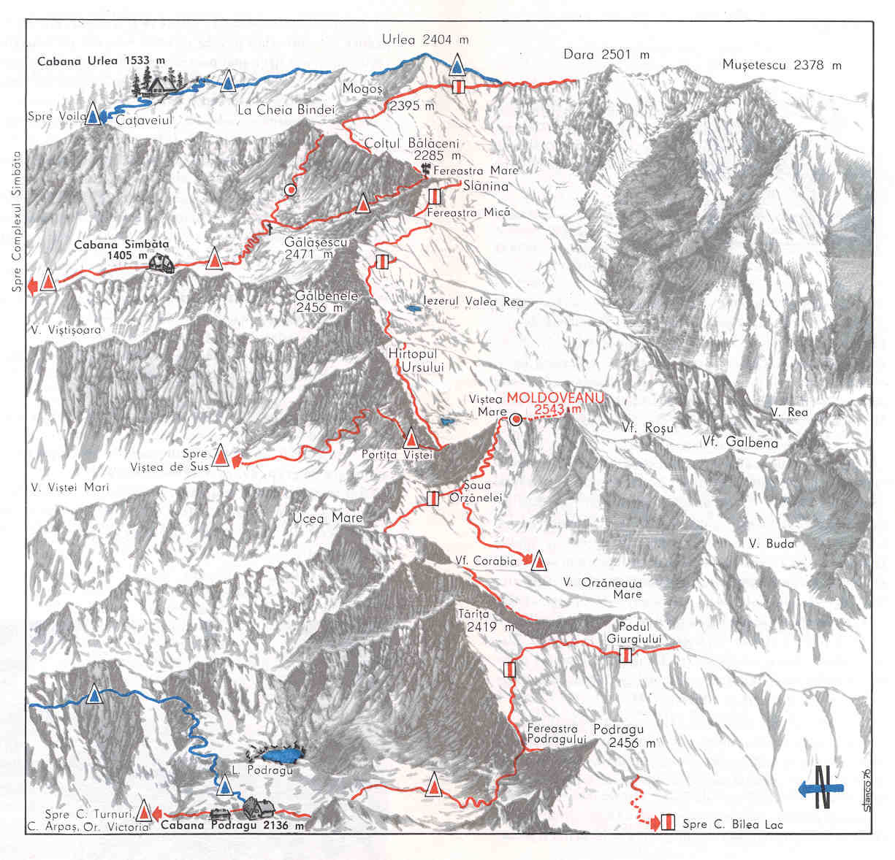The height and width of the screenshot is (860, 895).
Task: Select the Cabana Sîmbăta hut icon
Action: coord(161,264)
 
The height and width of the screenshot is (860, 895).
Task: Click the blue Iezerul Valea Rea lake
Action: coord(414,310)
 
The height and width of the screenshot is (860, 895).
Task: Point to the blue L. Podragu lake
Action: coord(281,754)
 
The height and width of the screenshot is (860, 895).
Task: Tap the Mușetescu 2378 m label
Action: coord(782,65)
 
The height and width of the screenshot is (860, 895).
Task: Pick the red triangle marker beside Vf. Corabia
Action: coord(539,561)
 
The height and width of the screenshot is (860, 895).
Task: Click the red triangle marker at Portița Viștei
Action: coord(411,438)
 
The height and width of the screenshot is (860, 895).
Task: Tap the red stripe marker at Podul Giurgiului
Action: coord(625,656)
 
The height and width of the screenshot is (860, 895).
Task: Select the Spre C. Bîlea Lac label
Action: coord(732,824)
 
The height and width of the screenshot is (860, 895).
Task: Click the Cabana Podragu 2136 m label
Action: coord(232,826)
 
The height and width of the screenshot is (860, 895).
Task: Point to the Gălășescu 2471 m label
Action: coord(317,247)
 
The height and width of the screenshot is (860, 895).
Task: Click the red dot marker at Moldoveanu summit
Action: coord(516,419)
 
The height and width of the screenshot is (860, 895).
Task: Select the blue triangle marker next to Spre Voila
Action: coord(93,115)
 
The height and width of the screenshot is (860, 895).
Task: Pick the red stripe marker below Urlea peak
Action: coord(458,87)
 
